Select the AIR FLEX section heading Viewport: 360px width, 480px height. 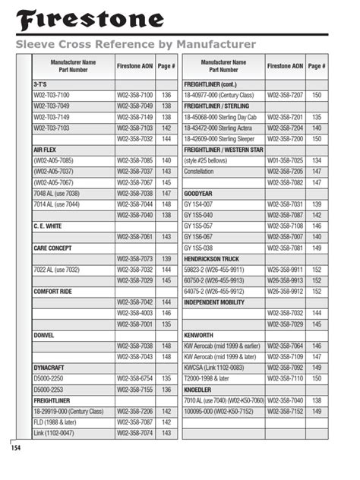(x=46, y=150)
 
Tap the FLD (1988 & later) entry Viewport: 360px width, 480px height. (x=62, y=422)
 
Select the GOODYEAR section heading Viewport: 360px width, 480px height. (x=200, y=194)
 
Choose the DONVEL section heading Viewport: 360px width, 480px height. (x=45, y=335)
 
